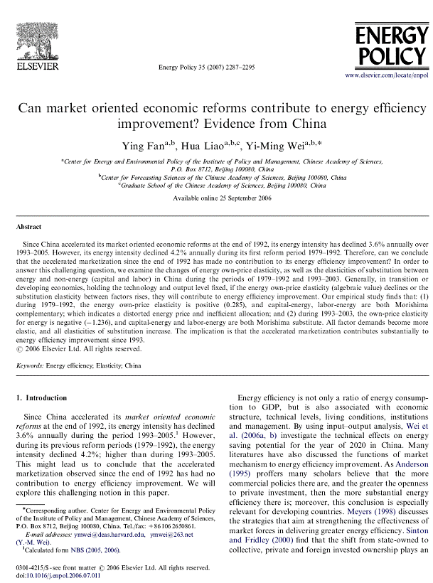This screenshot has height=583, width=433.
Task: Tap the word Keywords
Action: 30,366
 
